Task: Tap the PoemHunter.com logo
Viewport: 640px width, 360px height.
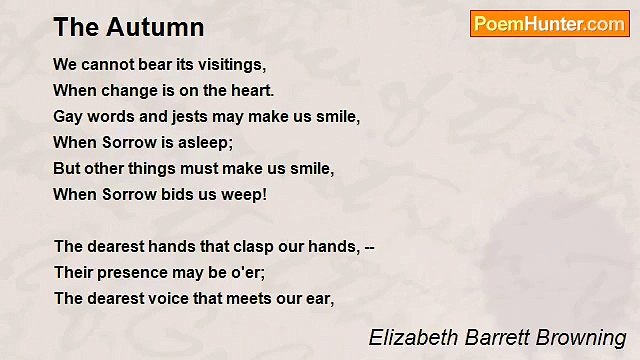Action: coord(549,24)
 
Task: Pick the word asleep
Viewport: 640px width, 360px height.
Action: coord(204,142)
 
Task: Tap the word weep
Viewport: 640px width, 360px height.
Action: coord(246,194)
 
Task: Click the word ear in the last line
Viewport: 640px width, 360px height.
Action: coord(319,298)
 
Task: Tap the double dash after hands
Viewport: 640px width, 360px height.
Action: coord(368,246)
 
